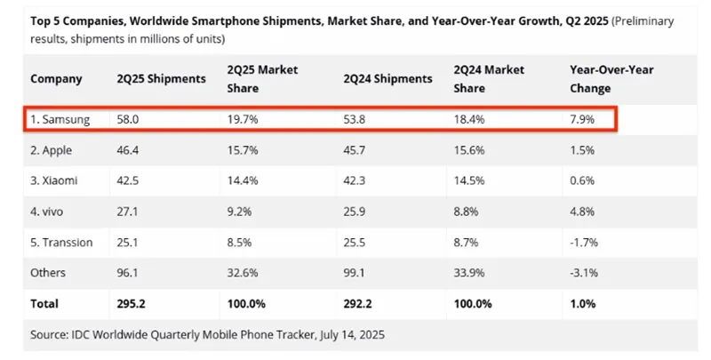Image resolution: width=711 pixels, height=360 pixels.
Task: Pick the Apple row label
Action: coord(52,149)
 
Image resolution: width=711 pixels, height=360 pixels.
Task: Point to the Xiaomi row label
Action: coord(54,180)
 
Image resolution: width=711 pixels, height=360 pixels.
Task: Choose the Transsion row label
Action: coord(62,242)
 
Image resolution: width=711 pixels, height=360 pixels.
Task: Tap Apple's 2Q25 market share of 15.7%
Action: coord(242,149)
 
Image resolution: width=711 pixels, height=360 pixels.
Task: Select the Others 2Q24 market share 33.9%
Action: coord(469,273)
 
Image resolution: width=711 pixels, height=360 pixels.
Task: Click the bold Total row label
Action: coord(44,303)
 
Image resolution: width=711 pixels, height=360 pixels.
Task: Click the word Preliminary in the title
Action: coord(644,20)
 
